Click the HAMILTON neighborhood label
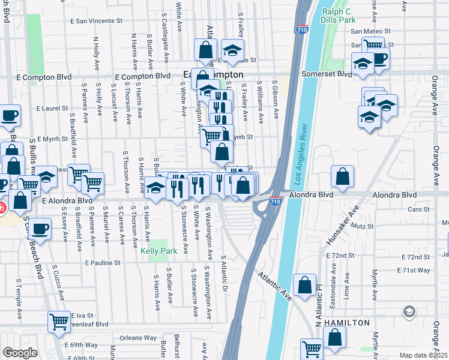347,323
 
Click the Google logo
19,353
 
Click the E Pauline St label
103,263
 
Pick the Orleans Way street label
137,338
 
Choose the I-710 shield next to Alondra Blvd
274,202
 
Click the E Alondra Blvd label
67,200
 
